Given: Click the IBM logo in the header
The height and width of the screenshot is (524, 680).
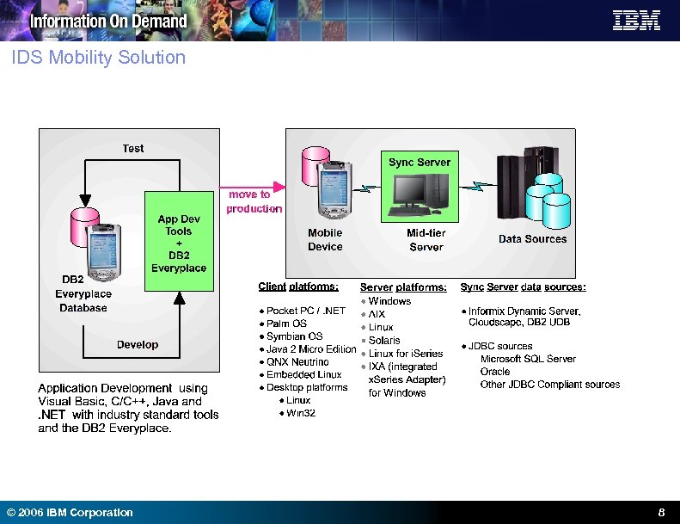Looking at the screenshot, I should click(636, 21).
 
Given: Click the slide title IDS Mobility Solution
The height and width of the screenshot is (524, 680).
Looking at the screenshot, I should click(99, 58).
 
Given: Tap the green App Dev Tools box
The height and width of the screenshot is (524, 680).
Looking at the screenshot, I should click(179, 242).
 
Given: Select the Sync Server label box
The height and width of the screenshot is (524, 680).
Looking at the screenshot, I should click(419, 162).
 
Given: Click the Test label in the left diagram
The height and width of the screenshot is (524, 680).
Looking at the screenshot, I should click(133, 148).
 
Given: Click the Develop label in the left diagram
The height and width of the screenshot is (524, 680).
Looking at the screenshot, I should click(138, 344).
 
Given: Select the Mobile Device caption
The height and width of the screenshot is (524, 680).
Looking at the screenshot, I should click(325, 239).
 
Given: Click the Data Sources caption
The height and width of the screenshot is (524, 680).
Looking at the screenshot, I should click(532, 239).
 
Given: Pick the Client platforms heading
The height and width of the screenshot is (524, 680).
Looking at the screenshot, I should click(298, 287).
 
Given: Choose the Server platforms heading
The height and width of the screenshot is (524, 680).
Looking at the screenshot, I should click(403, 287).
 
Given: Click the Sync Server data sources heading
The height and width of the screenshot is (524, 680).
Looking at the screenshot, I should click(523, 287).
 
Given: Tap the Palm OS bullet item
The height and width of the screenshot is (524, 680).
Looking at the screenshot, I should click(286, 324).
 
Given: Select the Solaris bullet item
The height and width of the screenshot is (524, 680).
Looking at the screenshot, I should click(384, 340).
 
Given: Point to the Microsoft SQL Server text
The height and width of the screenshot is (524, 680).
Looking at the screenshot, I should click(528, 359).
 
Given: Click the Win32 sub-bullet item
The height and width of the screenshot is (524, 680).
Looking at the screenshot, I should click(301, 413).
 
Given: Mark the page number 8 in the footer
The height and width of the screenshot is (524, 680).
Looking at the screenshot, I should click(661, 512).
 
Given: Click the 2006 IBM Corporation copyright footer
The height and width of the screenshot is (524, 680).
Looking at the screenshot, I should click(70, 513).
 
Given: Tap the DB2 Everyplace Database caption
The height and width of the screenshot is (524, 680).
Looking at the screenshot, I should click(83, 293).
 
